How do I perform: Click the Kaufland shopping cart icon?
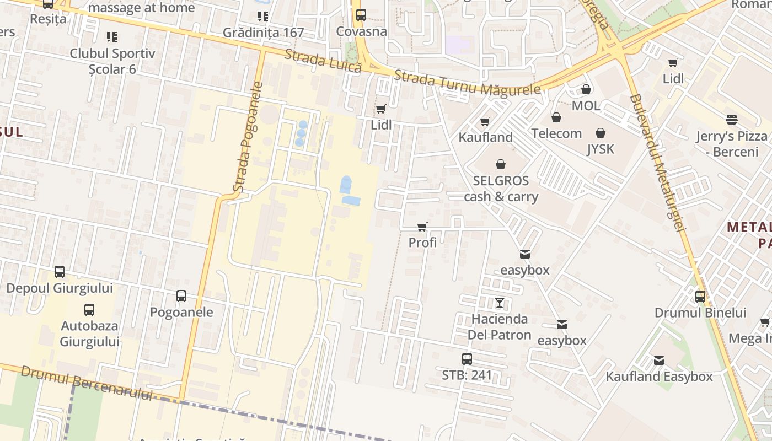click(x=485, y=121)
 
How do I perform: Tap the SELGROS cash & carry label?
click(x=501, y=189)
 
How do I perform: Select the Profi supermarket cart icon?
click(x=422, y=227)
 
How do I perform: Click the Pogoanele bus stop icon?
click(x=181, y=296)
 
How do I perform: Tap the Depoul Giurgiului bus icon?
click(x=60, y=272)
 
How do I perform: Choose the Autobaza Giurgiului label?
click(x=89, y=334)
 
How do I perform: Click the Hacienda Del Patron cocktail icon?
click(x=500, y=303)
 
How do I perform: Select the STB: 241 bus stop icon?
click(x=467, y=359)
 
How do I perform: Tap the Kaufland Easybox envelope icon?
click(x=659, y=361)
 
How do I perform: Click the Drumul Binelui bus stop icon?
click(x=700, y=297)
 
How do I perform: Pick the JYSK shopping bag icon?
click(x=601, y=133)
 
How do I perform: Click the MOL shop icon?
click(x=586, y=89)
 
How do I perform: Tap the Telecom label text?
click(x=556, y=133)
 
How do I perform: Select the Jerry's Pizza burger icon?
click(x=732, y=120)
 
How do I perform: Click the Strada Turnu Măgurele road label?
click(x=468, y=83)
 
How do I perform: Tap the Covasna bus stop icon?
click(x=361, y=15)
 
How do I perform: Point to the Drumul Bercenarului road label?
click(x=86, y=383)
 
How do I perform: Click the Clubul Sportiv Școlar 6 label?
click(x=112, y=61)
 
